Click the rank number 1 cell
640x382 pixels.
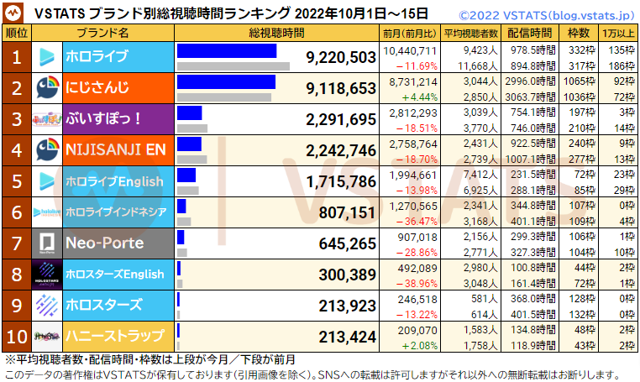click(x=16, y=57)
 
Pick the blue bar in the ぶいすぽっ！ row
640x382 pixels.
click(x=190, y=113)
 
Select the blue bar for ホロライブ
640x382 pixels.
click(x=227, y=50)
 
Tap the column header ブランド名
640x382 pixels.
click(x=102, y=33)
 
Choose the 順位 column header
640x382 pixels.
click(x=16, y=33)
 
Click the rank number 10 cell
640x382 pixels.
click(x=16, y=336)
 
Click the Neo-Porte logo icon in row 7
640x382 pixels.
click(x=47, y=243)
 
